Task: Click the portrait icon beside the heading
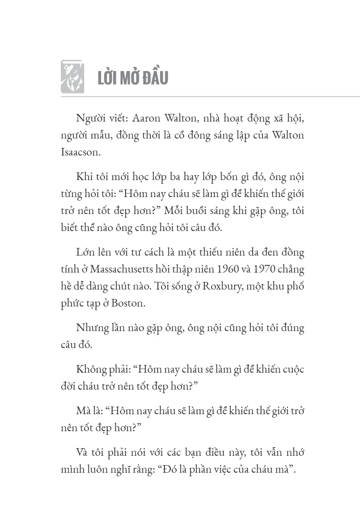point(72,77)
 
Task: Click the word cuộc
point(292,370)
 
